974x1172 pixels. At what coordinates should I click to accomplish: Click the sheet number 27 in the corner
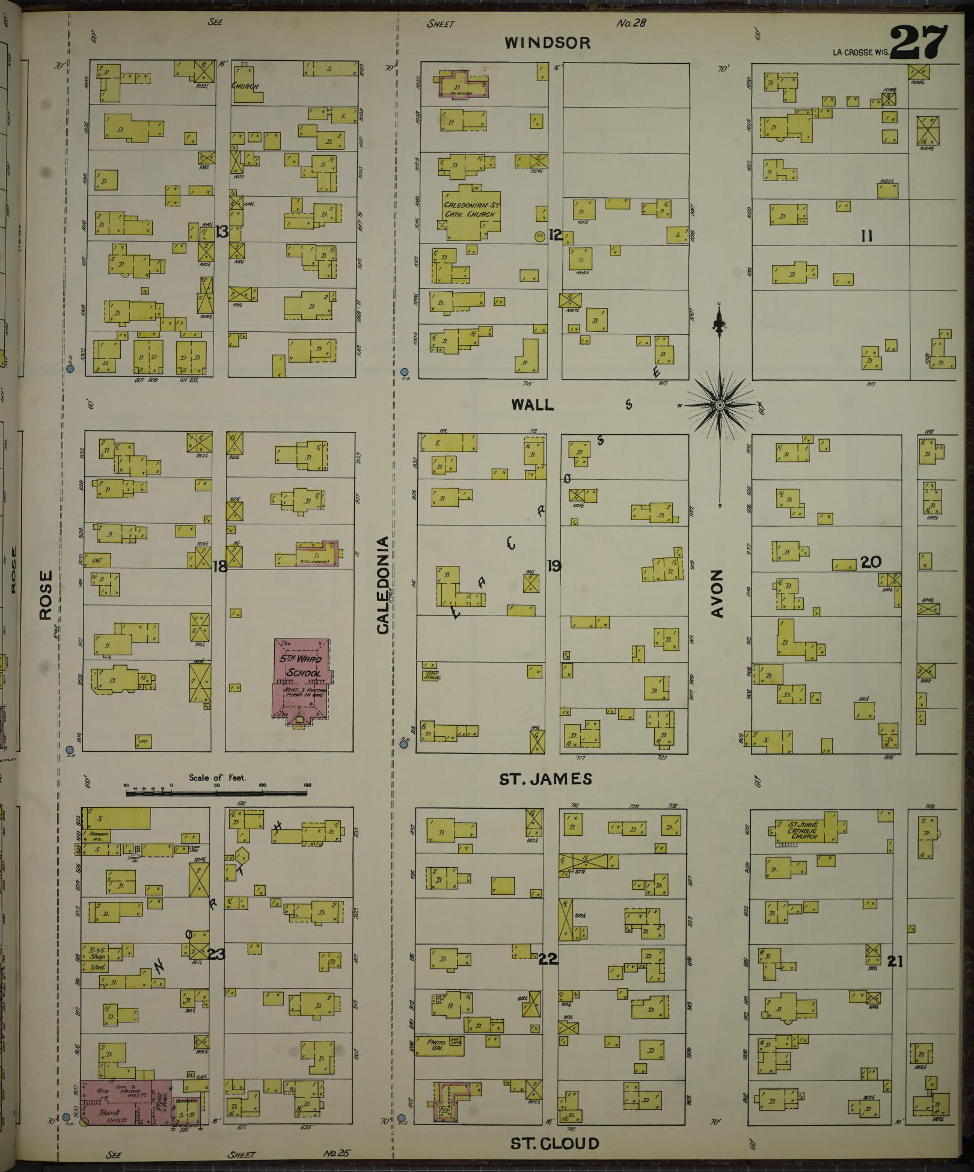point(919,42)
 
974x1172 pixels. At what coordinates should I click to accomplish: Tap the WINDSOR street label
point(547,43)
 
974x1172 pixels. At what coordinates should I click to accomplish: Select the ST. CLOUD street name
point(554,1144)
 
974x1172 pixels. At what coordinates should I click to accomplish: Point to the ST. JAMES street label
point(545,779)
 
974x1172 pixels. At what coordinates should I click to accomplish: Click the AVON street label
point(717,594)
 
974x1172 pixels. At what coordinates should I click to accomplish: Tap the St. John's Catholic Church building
point(804,830)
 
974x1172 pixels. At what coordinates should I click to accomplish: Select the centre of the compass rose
point(719,406)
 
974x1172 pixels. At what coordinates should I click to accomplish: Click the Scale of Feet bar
point(216,793)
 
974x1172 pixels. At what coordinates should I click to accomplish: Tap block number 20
point(870,562)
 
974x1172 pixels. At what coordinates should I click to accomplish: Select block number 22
point(548,960)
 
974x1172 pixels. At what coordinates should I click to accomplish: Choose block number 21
point(895,962)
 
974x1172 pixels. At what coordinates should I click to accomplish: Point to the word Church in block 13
point(245,86)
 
